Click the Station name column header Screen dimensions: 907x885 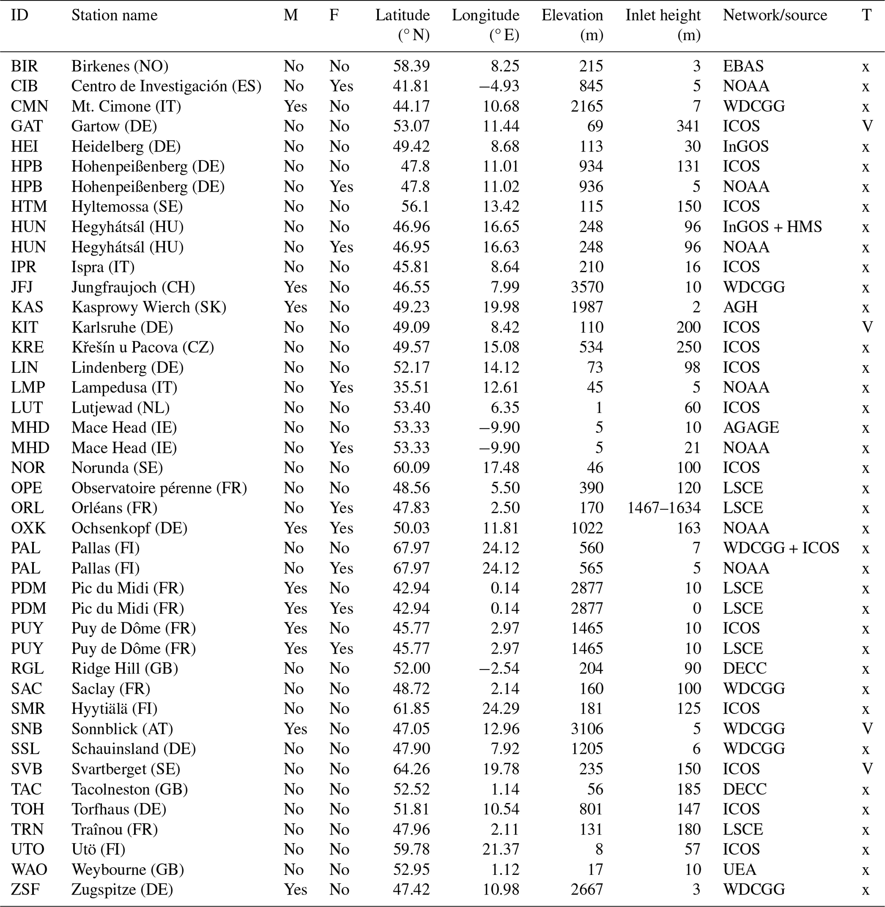pos(114,15)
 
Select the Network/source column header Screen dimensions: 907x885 pos(775,15)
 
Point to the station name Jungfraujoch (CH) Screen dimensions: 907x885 pos(133,287)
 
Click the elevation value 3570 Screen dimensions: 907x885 pos(587,287)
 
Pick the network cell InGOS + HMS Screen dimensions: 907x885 pos(772,227)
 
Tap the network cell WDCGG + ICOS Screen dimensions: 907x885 pos(781,548)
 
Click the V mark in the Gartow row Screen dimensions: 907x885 pos(867,126)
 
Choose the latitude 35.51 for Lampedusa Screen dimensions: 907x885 pos(411,387)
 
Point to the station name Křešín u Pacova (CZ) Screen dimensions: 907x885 pos(143,347)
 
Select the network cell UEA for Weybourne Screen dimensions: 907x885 pos(739,869)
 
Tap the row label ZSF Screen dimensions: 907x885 pos(25,889)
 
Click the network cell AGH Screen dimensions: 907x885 pos(740,307)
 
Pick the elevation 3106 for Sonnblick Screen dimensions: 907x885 pos(587,729)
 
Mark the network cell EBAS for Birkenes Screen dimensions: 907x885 pos(743,66)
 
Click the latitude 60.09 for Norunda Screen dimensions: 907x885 pos(411,467)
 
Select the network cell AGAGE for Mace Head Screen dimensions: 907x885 pos(751,428)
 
